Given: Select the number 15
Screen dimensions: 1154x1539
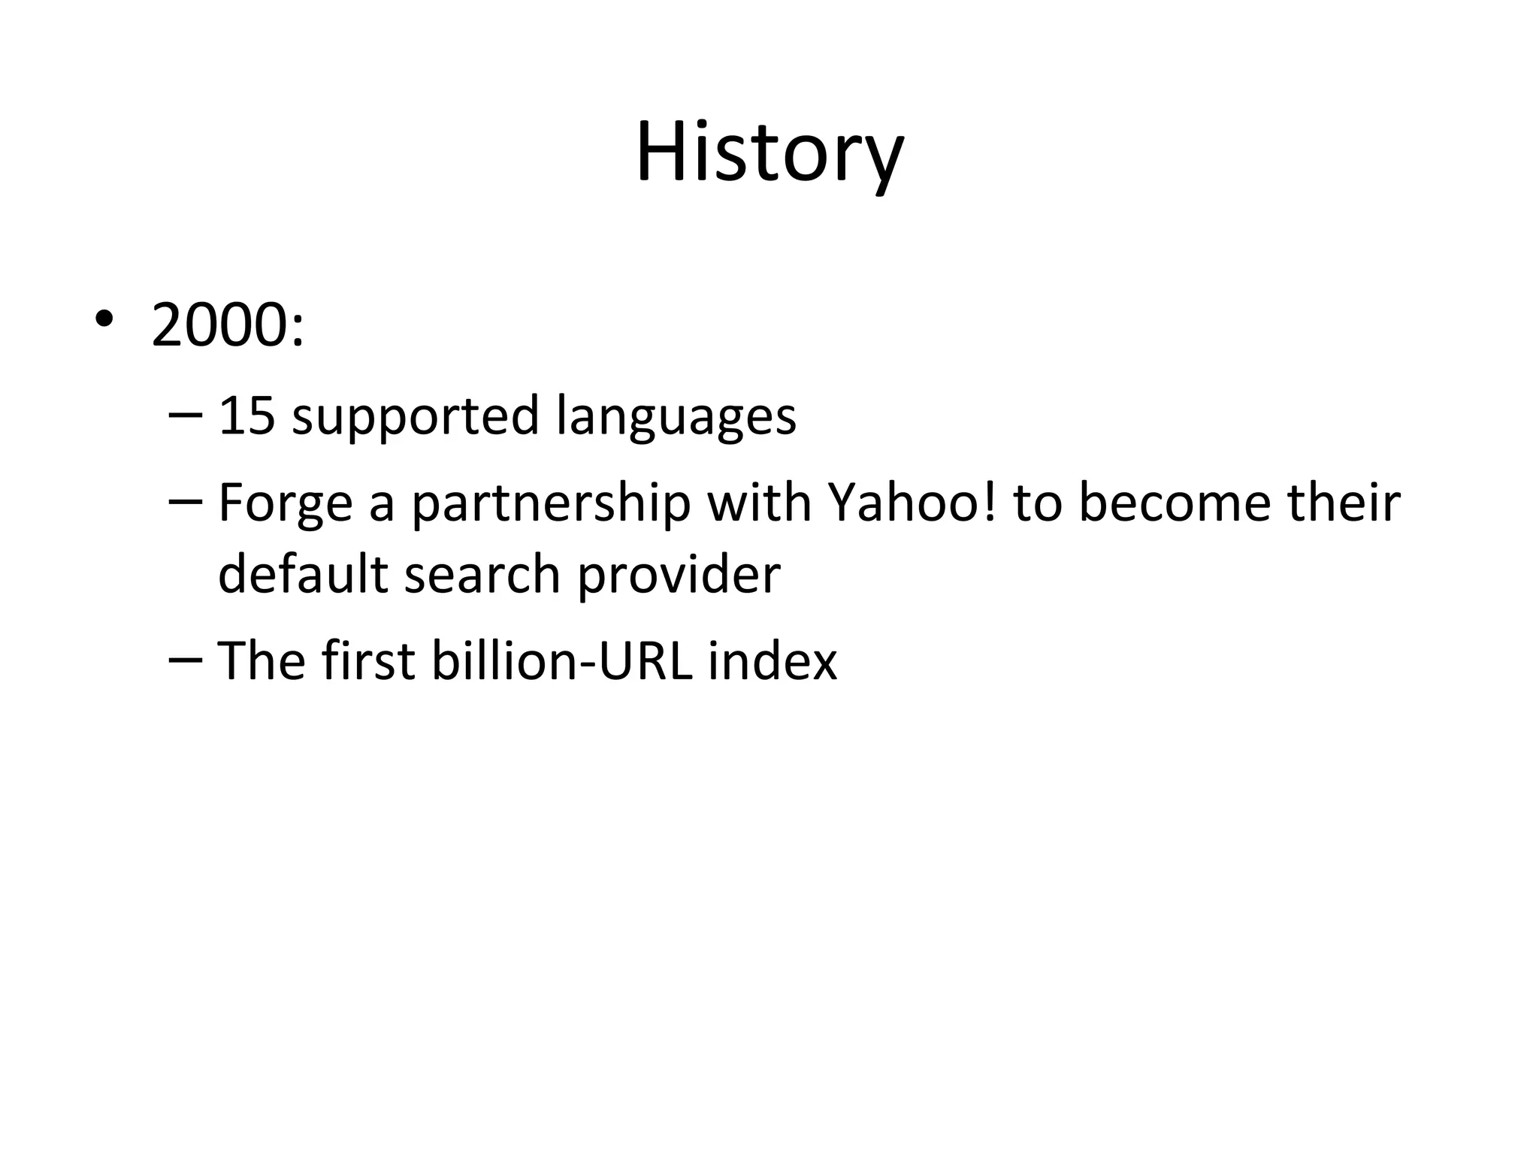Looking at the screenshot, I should pyautogui.click(x=246, y=415).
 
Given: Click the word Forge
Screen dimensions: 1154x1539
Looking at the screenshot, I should pyautogui.click(x=285, y=504).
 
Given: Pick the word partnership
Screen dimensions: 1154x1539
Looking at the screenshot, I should pyautogui.click(x=551, y=504).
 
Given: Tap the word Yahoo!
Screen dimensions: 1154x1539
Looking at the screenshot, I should pyautogui.click(x=912, y=503).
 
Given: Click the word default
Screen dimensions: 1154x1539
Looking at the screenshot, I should pyautogui.click(x=302, y=575).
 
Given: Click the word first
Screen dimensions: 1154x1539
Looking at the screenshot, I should pyautogui.click(x=368, y=661).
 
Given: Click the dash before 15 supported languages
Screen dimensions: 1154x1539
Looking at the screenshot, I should pyautogui.click(x=186, y=415).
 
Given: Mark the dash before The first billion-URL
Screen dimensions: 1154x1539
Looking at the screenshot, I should pyautogui.click(x=186, y=660).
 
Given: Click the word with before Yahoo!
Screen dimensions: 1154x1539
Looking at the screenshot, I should pyautogui.click(x=759, y=503).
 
